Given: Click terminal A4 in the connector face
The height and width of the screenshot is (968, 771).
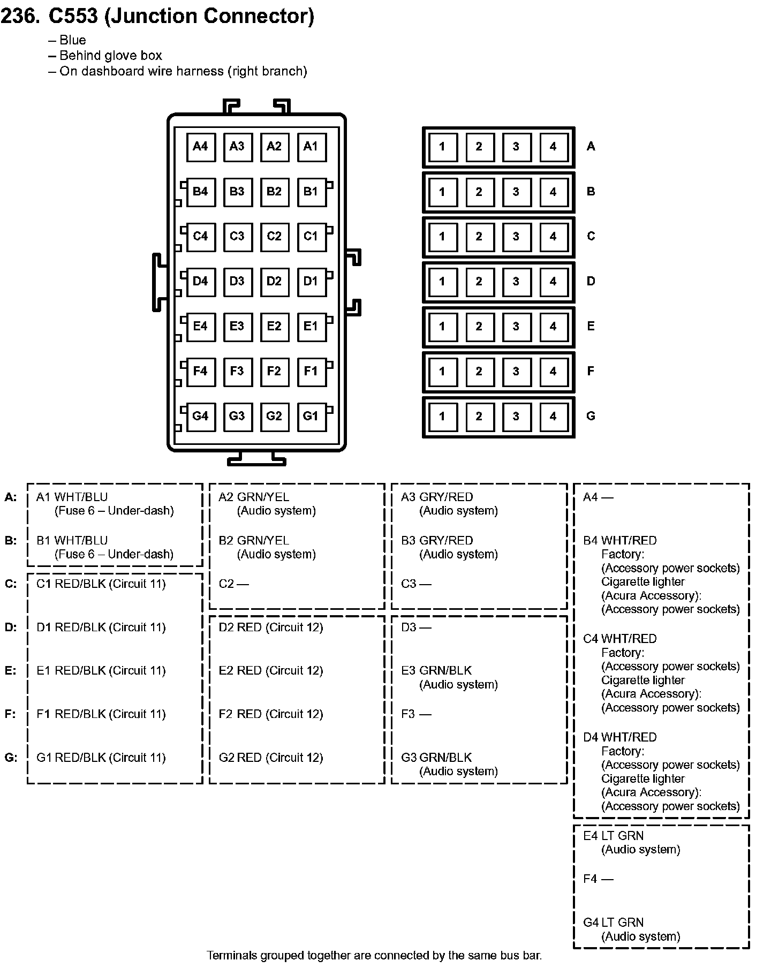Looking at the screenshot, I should pyautogui.click(x=200, y=147).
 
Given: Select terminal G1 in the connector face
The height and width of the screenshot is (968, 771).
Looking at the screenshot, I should pyautogui.click(x=311, y=417).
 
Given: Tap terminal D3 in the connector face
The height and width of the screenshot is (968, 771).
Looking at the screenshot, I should pyautogui.click(x=237, y=282).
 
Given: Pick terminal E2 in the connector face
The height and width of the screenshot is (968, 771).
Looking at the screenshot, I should pyautogui.click(x=274, y=327).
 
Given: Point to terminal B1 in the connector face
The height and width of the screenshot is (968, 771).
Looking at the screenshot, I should pyautogui.click(x=311, y=192).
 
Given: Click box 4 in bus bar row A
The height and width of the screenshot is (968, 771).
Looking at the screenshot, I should pyautogui.click(x=553, y=147).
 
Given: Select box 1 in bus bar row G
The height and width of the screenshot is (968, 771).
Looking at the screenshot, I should pyautogui.click(x=442, y=417).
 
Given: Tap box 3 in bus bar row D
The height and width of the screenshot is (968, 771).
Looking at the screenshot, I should pyautogui.click(x=516, y=282).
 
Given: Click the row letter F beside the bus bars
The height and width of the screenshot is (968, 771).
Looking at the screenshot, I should pyautogui.click(x=591, y=371).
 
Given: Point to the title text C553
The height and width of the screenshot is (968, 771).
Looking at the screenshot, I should pyautogui.click(x=73, y=16).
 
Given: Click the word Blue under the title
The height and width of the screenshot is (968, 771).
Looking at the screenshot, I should pyautogui.click(x=73, y=40).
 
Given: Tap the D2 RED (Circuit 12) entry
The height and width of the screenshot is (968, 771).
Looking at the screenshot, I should pyautogui.click(x=271, y=627).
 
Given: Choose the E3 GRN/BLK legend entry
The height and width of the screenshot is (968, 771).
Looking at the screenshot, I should pyautogui.click(x=436, y=671).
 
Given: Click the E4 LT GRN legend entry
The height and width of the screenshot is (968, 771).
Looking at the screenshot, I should pyautogui.click(x=614, y=836).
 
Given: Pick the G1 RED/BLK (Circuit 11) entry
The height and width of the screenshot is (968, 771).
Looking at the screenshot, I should pyautogui.click(x=101, y=758).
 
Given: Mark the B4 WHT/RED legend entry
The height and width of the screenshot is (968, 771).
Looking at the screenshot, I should pyautogui.click(x=620, y=541).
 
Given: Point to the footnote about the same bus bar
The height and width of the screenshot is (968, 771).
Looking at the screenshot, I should pyautogui.click(x=374, y=956).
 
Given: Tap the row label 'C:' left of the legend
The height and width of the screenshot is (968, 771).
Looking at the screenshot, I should pyautogui.click(x=11, y=584).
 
